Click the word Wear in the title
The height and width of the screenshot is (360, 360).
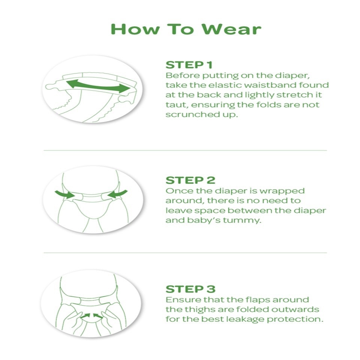pyautogui.click(x=231, y=29)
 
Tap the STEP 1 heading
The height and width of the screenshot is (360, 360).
pyautogui.click(x=189, y=65)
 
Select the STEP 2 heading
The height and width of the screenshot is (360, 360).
pyautogui.click(x=190, y=180)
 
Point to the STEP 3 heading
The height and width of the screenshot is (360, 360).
pyautogui.click(x=190, y=289)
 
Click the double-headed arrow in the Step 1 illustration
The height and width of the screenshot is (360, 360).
pyautogui.click(x=98, y=86)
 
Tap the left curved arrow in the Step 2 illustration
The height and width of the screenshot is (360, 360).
pyautogui.click(x=65, y=194)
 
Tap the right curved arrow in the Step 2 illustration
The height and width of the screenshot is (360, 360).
pyautogui.click(x=117, y=194)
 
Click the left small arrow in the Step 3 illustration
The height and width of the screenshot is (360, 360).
pyautogui.click(x=85, y=316)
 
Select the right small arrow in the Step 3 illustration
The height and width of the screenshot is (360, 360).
pyautogui.click(x=98, y=316)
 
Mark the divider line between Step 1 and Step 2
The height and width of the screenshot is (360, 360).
pyautogui.click(x=185, y=150)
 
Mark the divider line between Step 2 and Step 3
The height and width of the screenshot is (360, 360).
pyautogui.click(x=185, y=253)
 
